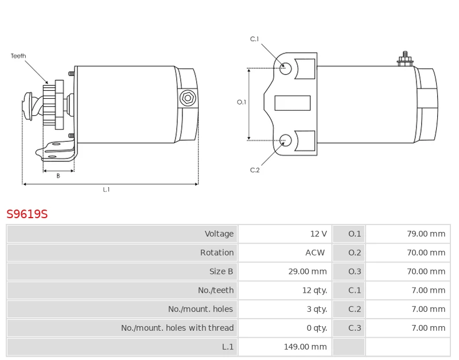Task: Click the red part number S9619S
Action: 27,214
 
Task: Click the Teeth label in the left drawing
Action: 18,56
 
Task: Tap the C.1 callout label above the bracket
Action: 254,39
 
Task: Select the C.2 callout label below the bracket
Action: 255,170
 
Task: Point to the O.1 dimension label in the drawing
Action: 242,102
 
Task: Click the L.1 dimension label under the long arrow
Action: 106,189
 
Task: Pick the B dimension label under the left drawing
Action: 59,176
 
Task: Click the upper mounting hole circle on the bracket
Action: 285,68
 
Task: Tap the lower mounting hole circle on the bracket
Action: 285,140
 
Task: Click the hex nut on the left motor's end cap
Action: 188,98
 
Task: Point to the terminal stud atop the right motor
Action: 405,59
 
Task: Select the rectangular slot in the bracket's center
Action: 293,103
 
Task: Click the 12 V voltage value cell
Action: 318,234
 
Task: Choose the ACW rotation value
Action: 315,253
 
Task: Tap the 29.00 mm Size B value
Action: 308,272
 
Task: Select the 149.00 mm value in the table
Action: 305,347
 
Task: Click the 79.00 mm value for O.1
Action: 426,234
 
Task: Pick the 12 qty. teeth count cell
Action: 314,291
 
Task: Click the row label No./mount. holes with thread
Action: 177,328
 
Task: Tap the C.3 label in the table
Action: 355,328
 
